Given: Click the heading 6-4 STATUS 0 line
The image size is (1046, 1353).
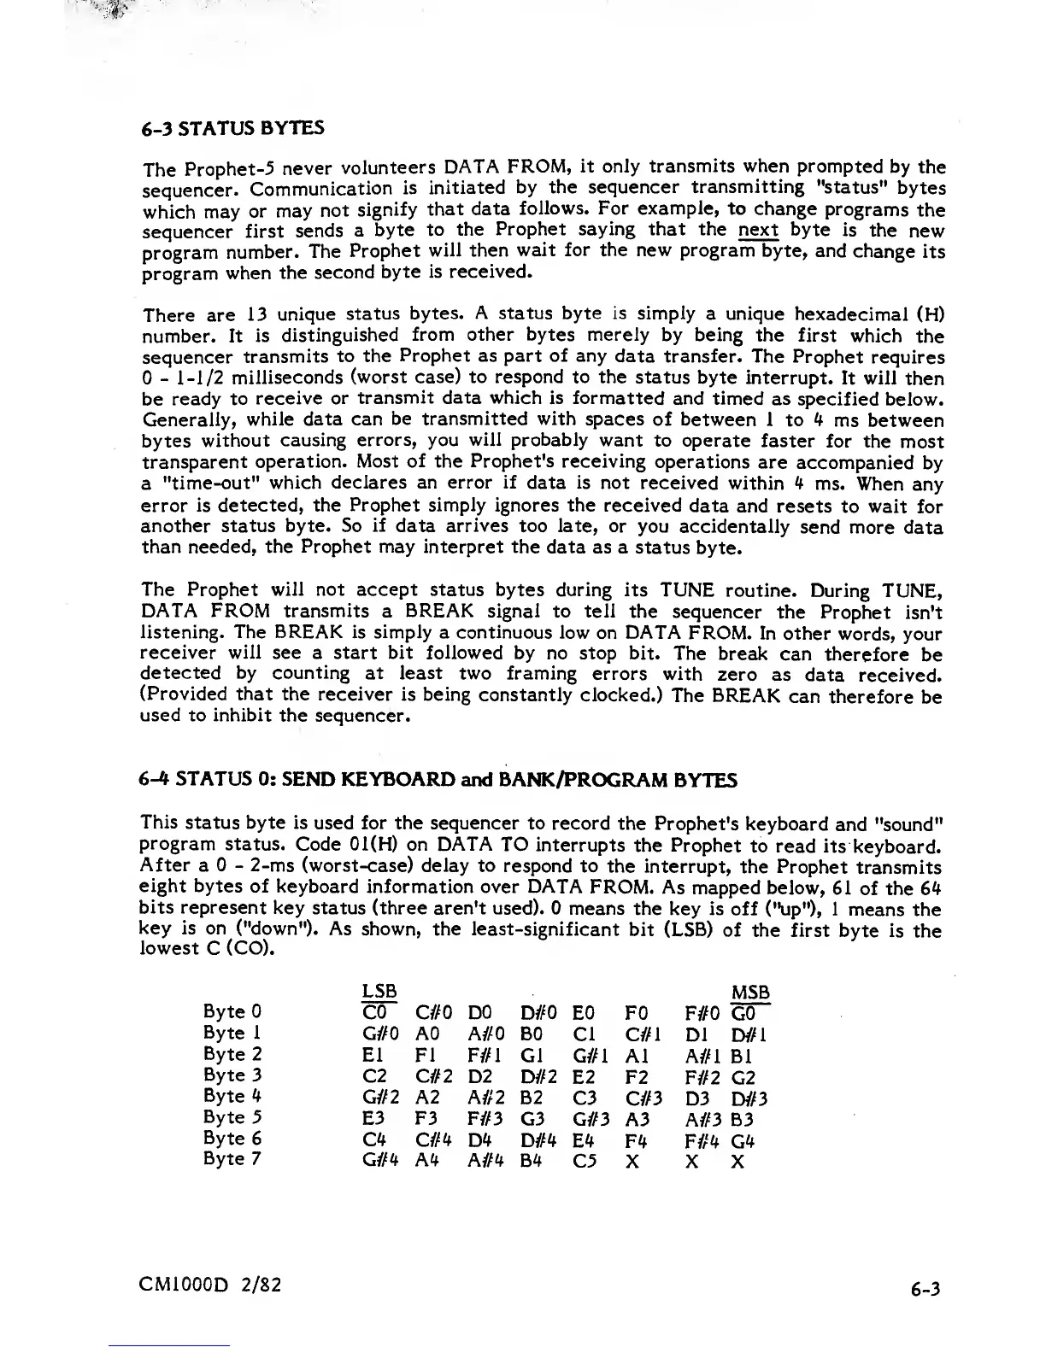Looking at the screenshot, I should tap(438, 780).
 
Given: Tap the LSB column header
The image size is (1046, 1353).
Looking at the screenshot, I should tap(379, 992).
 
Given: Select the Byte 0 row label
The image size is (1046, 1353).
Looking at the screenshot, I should tap(226, 1012).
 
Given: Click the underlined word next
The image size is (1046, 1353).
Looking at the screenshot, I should tap(758, 230).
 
